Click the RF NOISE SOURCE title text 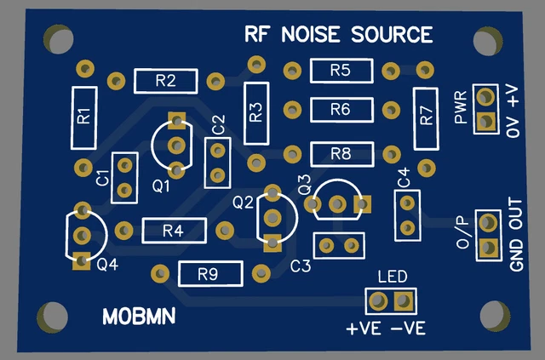click(338, 35)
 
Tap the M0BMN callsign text click(139, 317)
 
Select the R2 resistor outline click(165, 82)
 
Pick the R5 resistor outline click(341, 71)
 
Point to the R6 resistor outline click(341, 110)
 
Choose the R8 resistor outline click(341, 154)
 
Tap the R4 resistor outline click(174, 231)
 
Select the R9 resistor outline click(209, 274)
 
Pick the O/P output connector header click(488, 236)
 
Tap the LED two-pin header click(389, 300)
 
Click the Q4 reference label click(108, 265)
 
